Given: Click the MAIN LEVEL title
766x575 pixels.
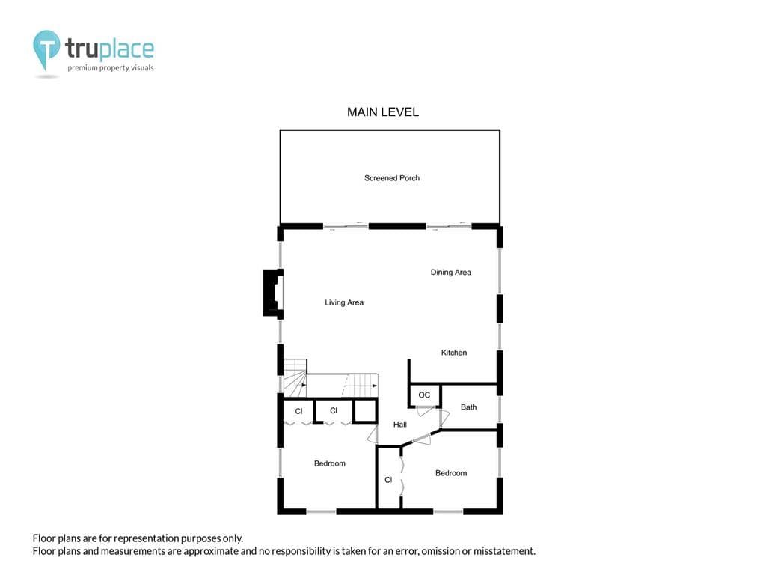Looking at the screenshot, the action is pos(382,112).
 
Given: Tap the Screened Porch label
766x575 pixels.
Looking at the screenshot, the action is pos(392,178).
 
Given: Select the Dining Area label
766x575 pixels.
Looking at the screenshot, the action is pos(450,273).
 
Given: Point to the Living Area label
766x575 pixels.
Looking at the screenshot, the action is pos(344,302).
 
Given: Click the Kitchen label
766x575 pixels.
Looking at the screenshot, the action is pos(454,353).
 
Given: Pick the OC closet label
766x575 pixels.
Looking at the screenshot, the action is pos(424,395).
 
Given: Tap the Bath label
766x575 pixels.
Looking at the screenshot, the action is pos(468,407).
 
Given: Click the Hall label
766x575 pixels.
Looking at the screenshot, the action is pos(400,425).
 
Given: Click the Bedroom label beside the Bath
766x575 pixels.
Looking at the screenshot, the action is pos(451,473).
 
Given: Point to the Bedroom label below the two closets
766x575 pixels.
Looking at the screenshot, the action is pos(330,463).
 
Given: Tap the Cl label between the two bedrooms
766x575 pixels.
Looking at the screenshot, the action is pos(388,480).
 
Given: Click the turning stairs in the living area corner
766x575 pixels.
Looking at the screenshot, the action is pos(295,378).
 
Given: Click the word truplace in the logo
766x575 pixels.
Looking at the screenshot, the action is pos(109,49).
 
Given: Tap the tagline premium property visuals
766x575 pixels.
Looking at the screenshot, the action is pos(111,68).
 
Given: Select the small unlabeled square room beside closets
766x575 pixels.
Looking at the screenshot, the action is pos(365,411).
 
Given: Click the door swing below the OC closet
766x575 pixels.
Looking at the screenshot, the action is pos(425,411).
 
